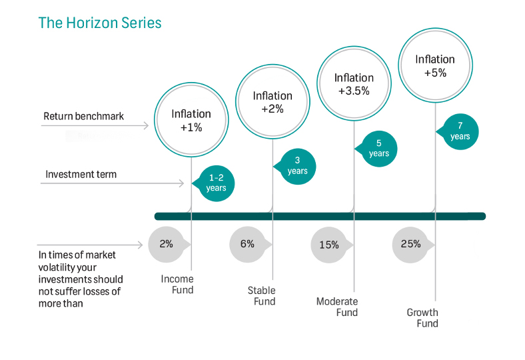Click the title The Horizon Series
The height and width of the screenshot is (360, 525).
100,23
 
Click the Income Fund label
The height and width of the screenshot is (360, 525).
177,284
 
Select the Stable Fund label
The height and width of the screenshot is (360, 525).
261,296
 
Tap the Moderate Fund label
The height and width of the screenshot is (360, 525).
337,307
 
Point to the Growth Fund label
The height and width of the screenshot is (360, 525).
422,318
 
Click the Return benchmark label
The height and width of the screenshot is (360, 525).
84,116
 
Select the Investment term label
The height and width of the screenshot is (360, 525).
81,175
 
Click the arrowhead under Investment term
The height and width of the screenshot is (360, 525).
182,183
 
